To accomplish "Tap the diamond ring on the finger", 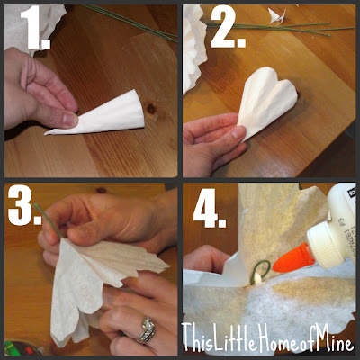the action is tap(147, 330).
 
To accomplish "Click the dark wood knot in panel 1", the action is tap(151, 108).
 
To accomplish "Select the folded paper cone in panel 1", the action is tap(99, 114).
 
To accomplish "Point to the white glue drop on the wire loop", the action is tap(257, 280).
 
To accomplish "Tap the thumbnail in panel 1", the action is tap(71, 120).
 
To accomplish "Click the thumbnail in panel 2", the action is tap(238, 132).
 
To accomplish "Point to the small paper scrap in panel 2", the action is tap(277, 15).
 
